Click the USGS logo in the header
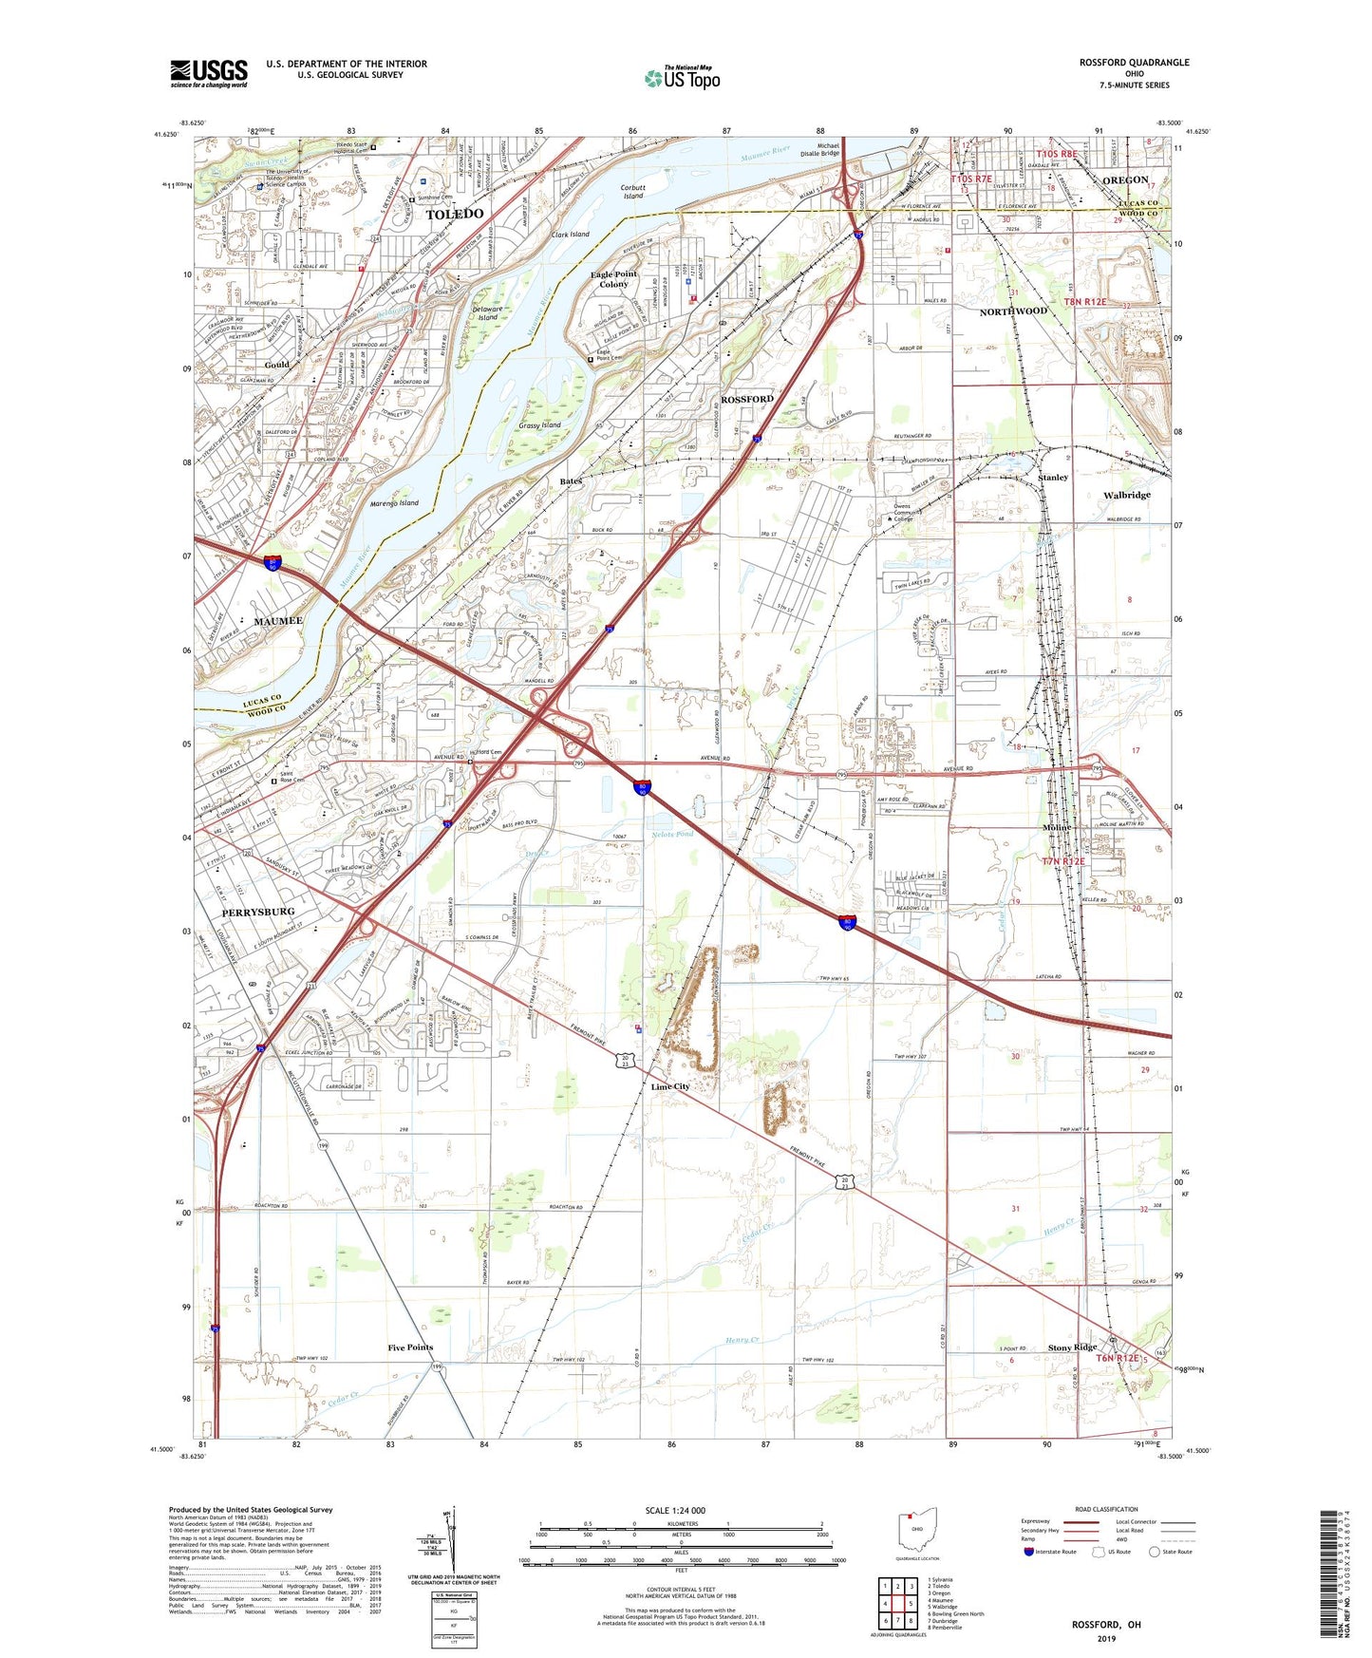point(209,73)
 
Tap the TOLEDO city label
point(455,215)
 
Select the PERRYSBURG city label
point(258,912)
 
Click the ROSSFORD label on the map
point(747,400)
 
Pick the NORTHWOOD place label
point(1013,311)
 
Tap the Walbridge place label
point(1127,495)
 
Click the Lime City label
point(670,1086)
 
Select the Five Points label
point(410,1347)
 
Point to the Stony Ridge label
point(1072,1347)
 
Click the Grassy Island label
point(540,425)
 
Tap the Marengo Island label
point(394,503)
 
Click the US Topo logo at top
point(681,78)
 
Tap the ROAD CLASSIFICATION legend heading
point(1106,1509)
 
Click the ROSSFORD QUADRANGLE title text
point(1134,63)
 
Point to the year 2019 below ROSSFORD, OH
point(1106,1639)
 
